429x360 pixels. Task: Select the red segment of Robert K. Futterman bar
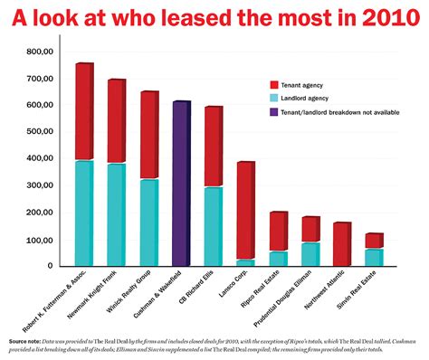pos(84,112)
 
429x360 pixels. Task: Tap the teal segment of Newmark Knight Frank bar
pos(116,214)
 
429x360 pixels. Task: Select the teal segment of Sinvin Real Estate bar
pos(373,257)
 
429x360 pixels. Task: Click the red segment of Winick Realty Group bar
pos(148,136)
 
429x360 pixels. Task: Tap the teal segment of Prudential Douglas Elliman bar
pos(310,254)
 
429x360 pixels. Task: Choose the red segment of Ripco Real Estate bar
pos(278,232)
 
